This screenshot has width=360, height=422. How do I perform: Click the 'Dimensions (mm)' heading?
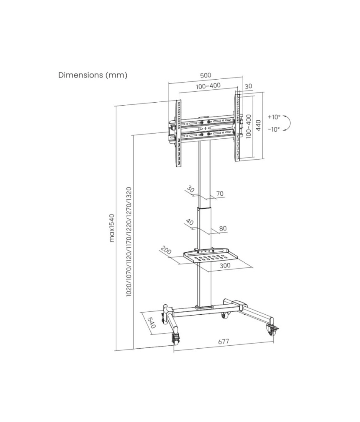93,75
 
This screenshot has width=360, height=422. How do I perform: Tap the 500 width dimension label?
206,75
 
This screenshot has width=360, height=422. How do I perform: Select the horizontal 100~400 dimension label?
208,86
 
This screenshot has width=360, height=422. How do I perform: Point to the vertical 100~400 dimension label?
248,126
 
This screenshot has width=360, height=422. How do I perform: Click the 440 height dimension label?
258,125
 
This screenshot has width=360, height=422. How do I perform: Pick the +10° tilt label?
274,117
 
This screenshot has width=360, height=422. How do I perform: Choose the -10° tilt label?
274,129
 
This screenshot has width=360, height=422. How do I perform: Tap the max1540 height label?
112,228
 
